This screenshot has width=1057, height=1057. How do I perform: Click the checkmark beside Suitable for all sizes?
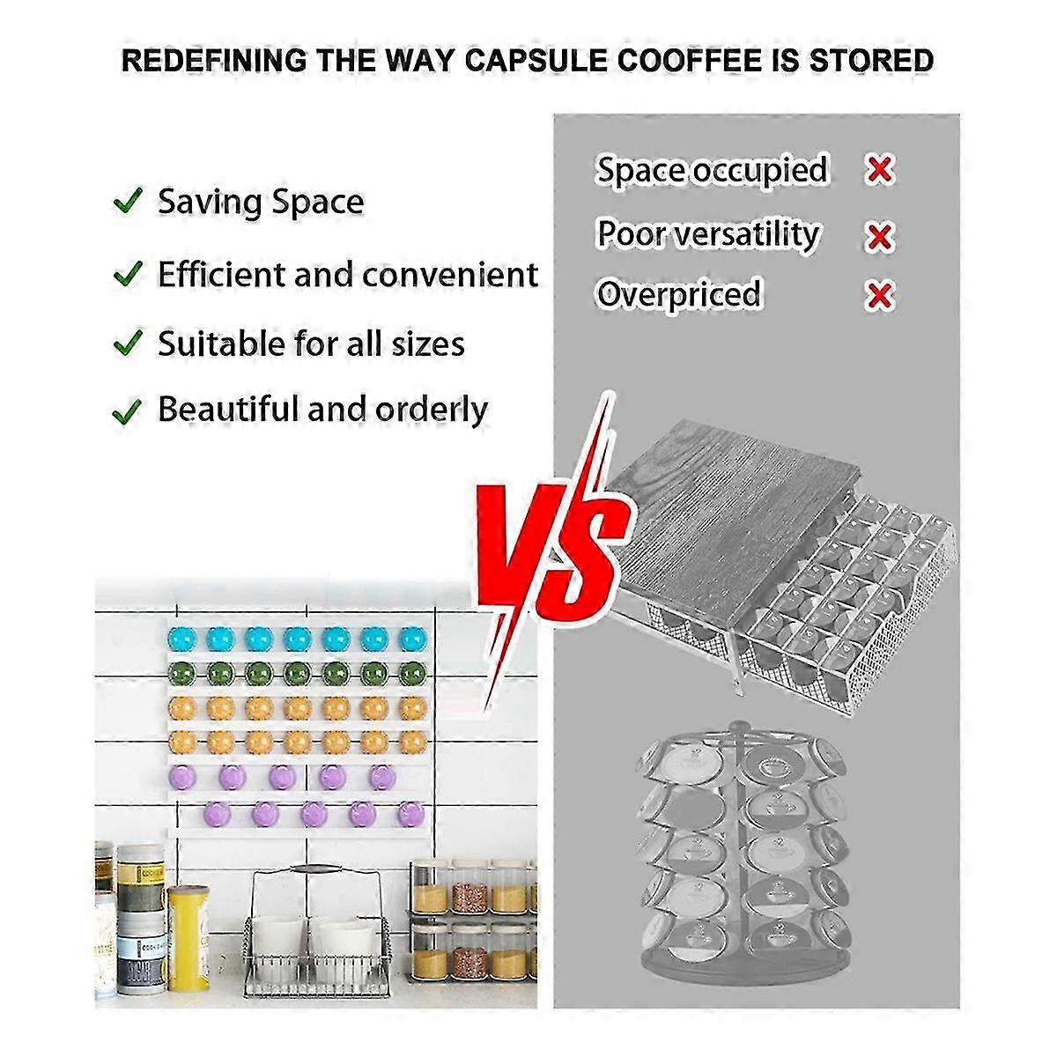129,342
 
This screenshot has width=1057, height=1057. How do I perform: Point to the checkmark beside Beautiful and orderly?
129,410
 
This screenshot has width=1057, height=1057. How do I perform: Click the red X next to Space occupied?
879,169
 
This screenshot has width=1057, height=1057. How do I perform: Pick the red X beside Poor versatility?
879,235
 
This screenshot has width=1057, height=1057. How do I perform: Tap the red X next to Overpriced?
879,295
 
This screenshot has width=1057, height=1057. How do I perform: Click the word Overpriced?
678,293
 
